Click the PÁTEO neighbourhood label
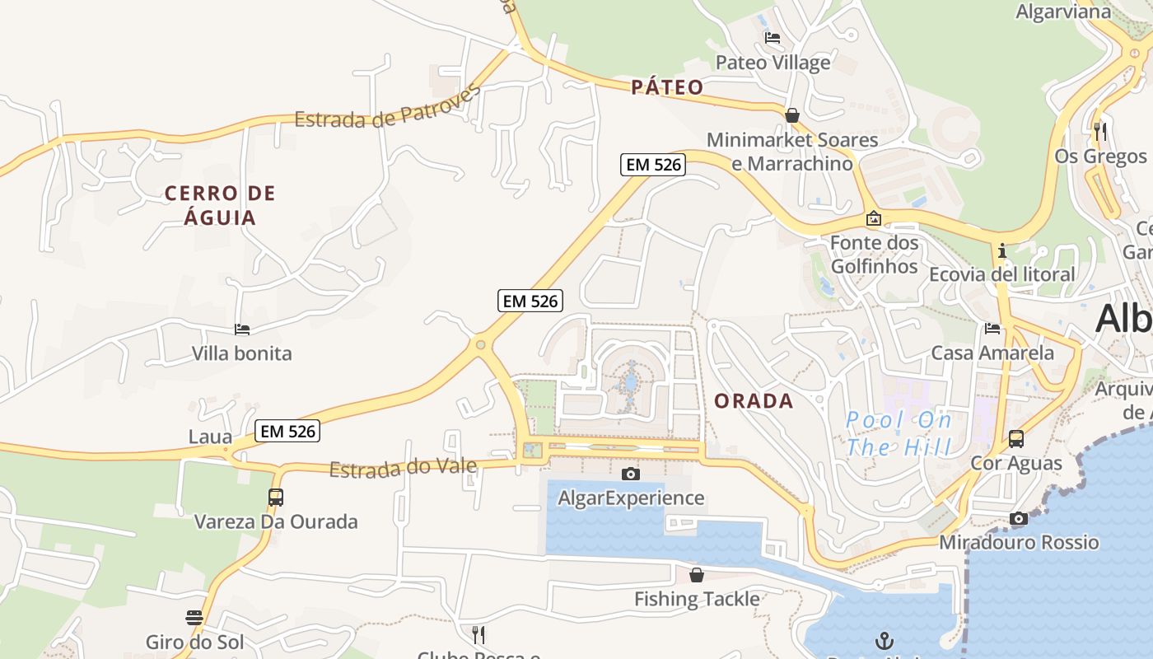point(667,87)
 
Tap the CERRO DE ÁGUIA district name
point(220,205)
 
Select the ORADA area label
point(754,401)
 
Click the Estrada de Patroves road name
point(388,107)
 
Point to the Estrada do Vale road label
point(403,468)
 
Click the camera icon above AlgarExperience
point(631,474)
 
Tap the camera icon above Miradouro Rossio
point(1019,518)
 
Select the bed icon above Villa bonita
point(242,329)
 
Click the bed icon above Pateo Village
point(773,38)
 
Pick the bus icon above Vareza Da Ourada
point(276,498)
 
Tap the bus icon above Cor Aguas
point(1016,439)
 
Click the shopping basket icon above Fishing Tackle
point(697,575)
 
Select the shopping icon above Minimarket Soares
point(792,115)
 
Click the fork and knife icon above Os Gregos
point(1099,131)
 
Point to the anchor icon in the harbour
point(885,640)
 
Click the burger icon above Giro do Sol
point(194,618)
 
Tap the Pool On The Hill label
point(899,433)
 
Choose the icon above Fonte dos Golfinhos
point(873,219)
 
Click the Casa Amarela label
point(992,353)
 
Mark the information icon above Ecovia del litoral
point(1002,250)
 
